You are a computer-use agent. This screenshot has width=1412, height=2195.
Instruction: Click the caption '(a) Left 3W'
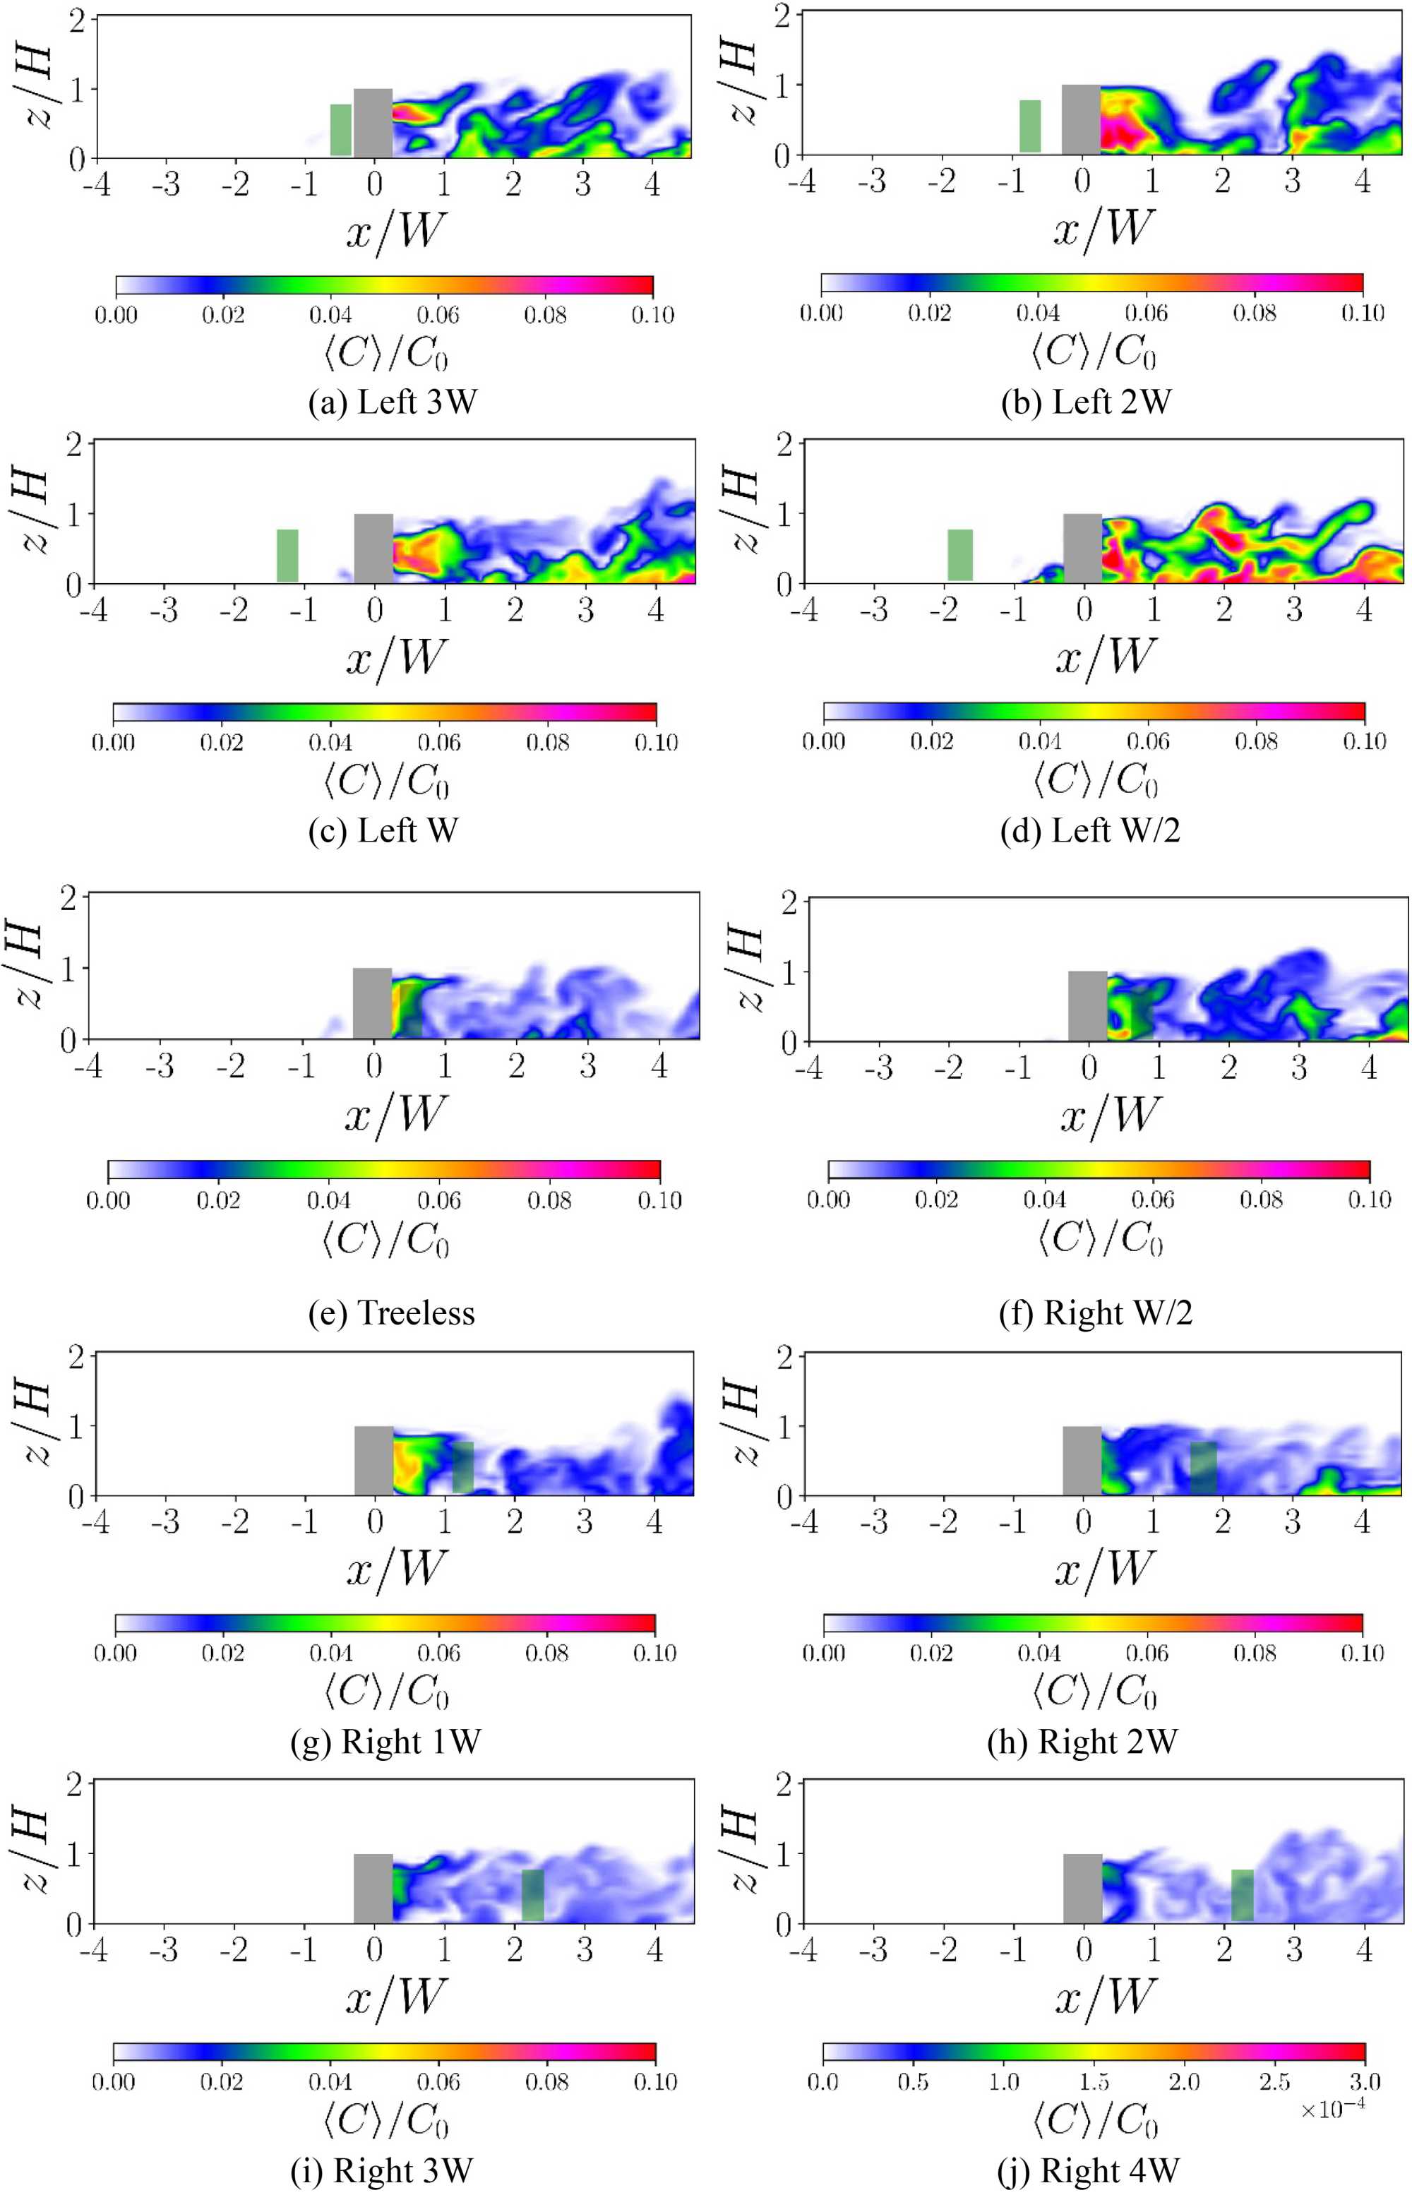[x=393, y=402]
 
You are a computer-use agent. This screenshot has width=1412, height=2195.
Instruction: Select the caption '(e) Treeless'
[x=393, y=1313]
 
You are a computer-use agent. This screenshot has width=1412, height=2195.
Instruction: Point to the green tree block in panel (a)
[x=341, y=129]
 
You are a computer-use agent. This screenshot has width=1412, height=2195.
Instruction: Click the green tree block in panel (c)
[x=288, y=555]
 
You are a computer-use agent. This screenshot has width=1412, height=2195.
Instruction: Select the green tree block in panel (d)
[x=960, y=555]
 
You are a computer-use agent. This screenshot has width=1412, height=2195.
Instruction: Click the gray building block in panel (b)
[x=1081, y=119]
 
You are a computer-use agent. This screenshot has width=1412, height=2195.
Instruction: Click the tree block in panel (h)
[x=1203, y=1468]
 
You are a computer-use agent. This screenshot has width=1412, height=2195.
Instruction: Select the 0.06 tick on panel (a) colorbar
[x=438, y=314]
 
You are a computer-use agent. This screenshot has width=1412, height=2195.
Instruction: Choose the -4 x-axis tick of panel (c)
[x=95, y=611]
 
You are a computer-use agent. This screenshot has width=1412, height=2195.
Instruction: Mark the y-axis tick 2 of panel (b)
[x=781, y=16]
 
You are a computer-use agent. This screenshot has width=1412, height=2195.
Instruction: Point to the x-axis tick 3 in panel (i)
[x=585, y=1949]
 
